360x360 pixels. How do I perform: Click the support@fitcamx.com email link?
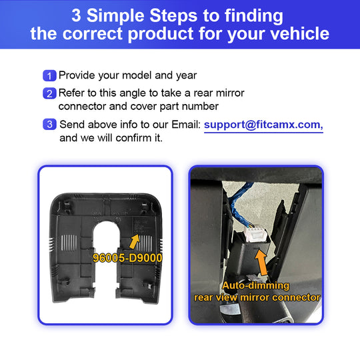point(263,125)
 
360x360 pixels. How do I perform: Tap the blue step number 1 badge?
point(49,75)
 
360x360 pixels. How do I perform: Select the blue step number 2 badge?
point(49,93)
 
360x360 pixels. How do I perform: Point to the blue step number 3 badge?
point(49,124)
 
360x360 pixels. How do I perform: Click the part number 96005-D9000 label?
point(127,258)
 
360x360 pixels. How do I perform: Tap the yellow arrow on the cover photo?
point(135,241)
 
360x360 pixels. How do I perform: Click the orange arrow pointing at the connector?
point(261,263)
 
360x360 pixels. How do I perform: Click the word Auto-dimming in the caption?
point(255,285)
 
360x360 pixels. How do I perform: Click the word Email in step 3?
point(186,125)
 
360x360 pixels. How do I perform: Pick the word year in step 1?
point(186,76)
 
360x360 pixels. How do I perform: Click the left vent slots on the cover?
point(69,243)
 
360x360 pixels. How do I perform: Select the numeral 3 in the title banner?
point(76,15)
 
